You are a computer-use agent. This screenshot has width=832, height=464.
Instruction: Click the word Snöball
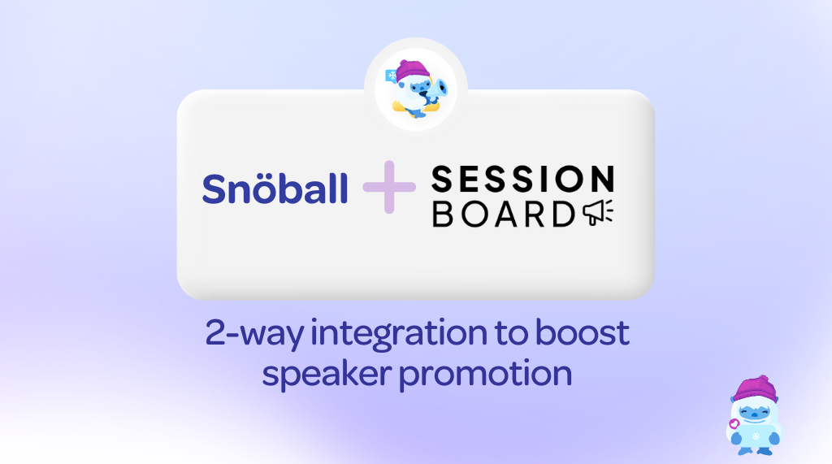click(x=275, y=189)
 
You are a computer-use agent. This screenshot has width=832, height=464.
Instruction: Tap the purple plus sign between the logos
click(x=389, y=187)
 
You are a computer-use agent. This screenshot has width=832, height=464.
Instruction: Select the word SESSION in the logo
click(x=522, y=179)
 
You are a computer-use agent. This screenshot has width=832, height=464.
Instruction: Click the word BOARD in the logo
click(x=504, y=214)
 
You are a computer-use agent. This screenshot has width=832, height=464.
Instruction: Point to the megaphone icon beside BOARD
click(x=598, y=212)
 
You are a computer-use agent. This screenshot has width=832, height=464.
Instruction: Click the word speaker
click(x=327, y=375)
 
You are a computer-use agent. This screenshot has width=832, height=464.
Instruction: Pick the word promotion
click(x=486, y=375)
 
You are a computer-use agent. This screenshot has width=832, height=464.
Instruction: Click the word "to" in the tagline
click(x=510, y=334)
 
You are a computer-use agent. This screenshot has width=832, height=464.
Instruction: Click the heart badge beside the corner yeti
click(x=734, y=423)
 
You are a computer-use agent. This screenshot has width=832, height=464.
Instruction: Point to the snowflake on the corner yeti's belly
click(x=756, y=436)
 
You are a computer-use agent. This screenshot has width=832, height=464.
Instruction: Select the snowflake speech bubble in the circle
click(x=392, y=76)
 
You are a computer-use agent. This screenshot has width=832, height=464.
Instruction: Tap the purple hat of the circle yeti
click(x=412, y=71)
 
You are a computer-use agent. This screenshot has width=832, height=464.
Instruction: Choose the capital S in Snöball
click(x=214, y=189)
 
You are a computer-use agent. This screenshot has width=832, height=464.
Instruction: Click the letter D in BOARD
click(x=564, y=214)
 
